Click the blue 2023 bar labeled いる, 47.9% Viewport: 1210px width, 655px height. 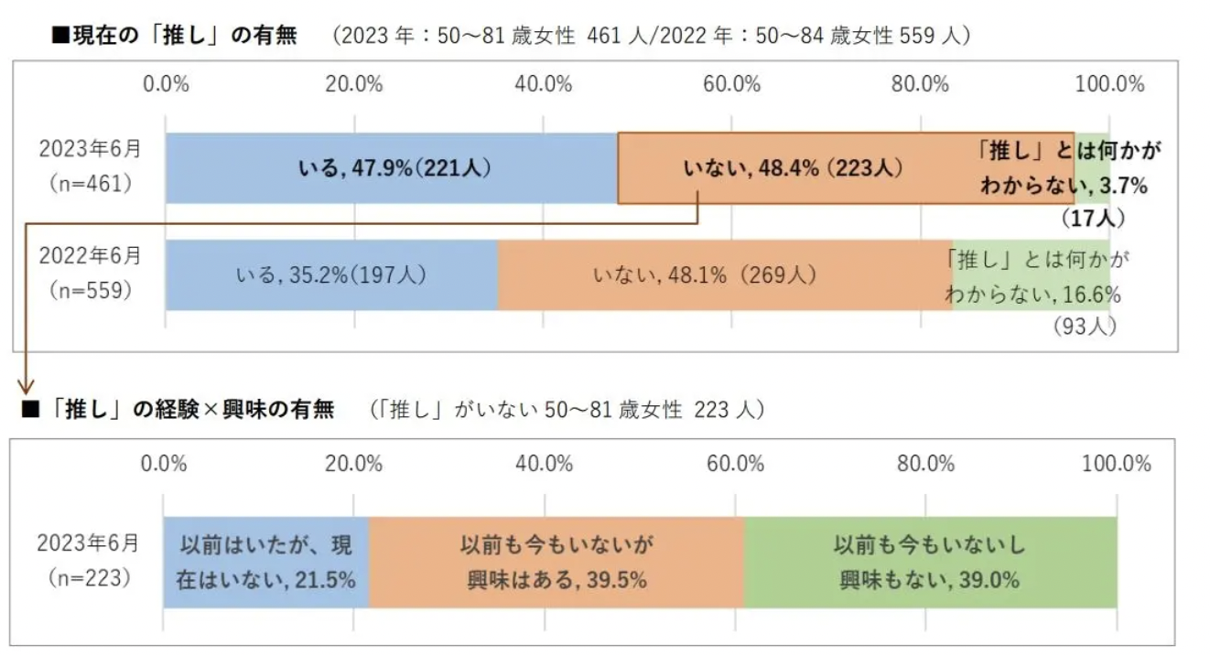[392, 168]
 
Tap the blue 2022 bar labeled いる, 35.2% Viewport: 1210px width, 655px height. [331, 274]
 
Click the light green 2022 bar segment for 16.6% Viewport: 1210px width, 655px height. [1031, 274]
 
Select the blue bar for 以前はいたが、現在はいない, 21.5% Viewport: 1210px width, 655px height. [265, 562]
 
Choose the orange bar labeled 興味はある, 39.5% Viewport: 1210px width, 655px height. [556, 562]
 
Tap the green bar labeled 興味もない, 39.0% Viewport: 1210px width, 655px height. [930, 562]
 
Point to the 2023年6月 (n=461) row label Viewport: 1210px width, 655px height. [89, 165]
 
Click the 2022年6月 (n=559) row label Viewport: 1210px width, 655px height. [89, 273]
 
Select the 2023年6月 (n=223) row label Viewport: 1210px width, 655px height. [88, 560]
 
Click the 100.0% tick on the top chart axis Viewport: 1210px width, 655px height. [1109, 84]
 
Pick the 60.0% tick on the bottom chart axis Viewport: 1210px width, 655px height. [735, 463]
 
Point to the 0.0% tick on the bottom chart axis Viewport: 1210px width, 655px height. [164, 463]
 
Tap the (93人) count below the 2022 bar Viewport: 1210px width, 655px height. [1084, 326]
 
